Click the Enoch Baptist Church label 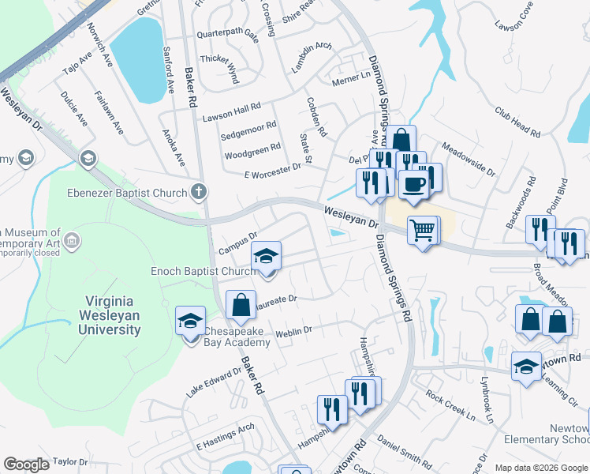point(204,271)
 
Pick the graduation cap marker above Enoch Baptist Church point(267,256)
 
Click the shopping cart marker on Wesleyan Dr point(423,230)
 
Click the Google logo point(26,465)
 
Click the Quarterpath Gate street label point(228,36)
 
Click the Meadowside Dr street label point(468,159)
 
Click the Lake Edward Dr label point(213,382)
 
